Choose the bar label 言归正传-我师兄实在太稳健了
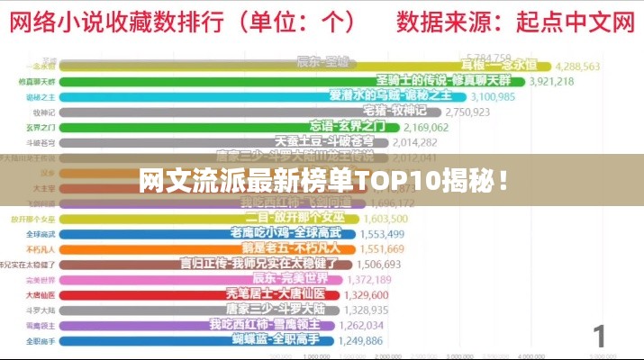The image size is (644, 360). [259, 264]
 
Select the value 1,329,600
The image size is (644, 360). [365, 294]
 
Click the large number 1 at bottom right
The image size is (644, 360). [599, 337]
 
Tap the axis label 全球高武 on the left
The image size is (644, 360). [41, 233]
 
